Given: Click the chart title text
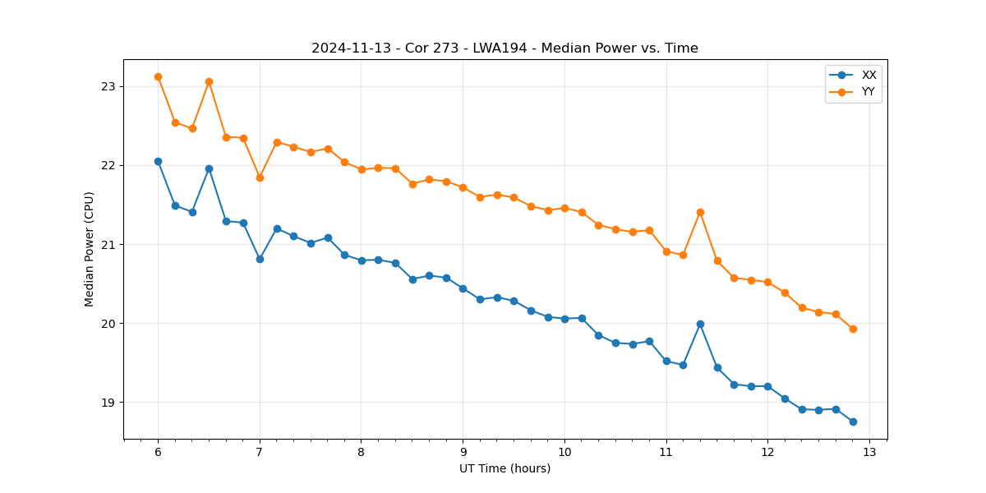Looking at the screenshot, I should (x=505, y=48).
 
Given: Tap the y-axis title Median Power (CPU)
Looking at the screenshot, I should (x=90, y=249).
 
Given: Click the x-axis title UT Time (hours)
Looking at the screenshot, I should (x=505, y=468).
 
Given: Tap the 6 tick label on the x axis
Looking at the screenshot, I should (x=158, y=452).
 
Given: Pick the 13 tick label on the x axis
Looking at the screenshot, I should (x=869, y=452).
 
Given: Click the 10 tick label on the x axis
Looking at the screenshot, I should (x=564, y=452).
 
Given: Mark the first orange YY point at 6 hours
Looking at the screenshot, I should (x=158, y=76).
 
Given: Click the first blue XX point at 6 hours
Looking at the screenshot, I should (x=158, y=161).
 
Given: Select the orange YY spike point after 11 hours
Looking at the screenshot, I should (x=700, y=212).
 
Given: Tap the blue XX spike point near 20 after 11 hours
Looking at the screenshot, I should (x=700, y=324).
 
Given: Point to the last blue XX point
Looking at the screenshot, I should (x=853, y=422).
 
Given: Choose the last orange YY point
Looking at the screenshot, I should (x=853, y=329).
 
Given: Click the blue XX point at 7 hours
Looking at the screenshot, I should (x=260, y=259).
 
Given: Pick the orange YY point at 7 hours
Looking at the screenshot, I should (x=260, y=177).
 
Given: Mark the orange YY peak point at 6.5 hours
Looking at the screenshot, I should (x=209, y=81).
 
